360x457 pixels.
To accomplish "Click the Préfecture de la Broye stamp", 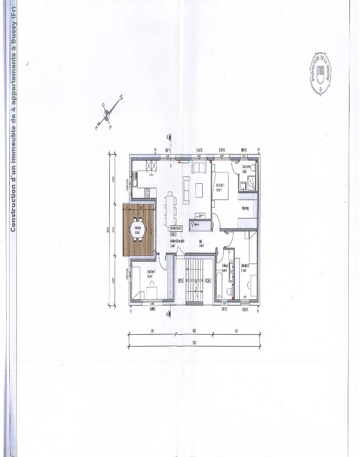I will (321, 74).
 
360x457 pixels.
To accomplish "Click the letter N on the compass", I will (121, 98).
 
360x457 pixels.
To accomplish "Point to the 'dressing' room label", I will (245, 208).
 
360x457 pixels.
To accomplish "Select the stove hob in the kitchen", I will (147, 192).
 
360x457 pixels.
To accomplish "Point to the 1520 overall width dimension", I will (194, 342).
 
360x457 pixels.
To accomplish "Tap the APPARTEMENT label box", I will (176, 228).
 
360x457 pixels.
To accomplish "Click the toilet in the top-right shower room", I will (253, 168).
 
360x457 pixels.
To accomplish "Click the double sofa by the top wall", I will (200, 168).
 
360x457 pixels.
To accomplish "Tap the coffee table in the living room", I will (199, 190).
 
